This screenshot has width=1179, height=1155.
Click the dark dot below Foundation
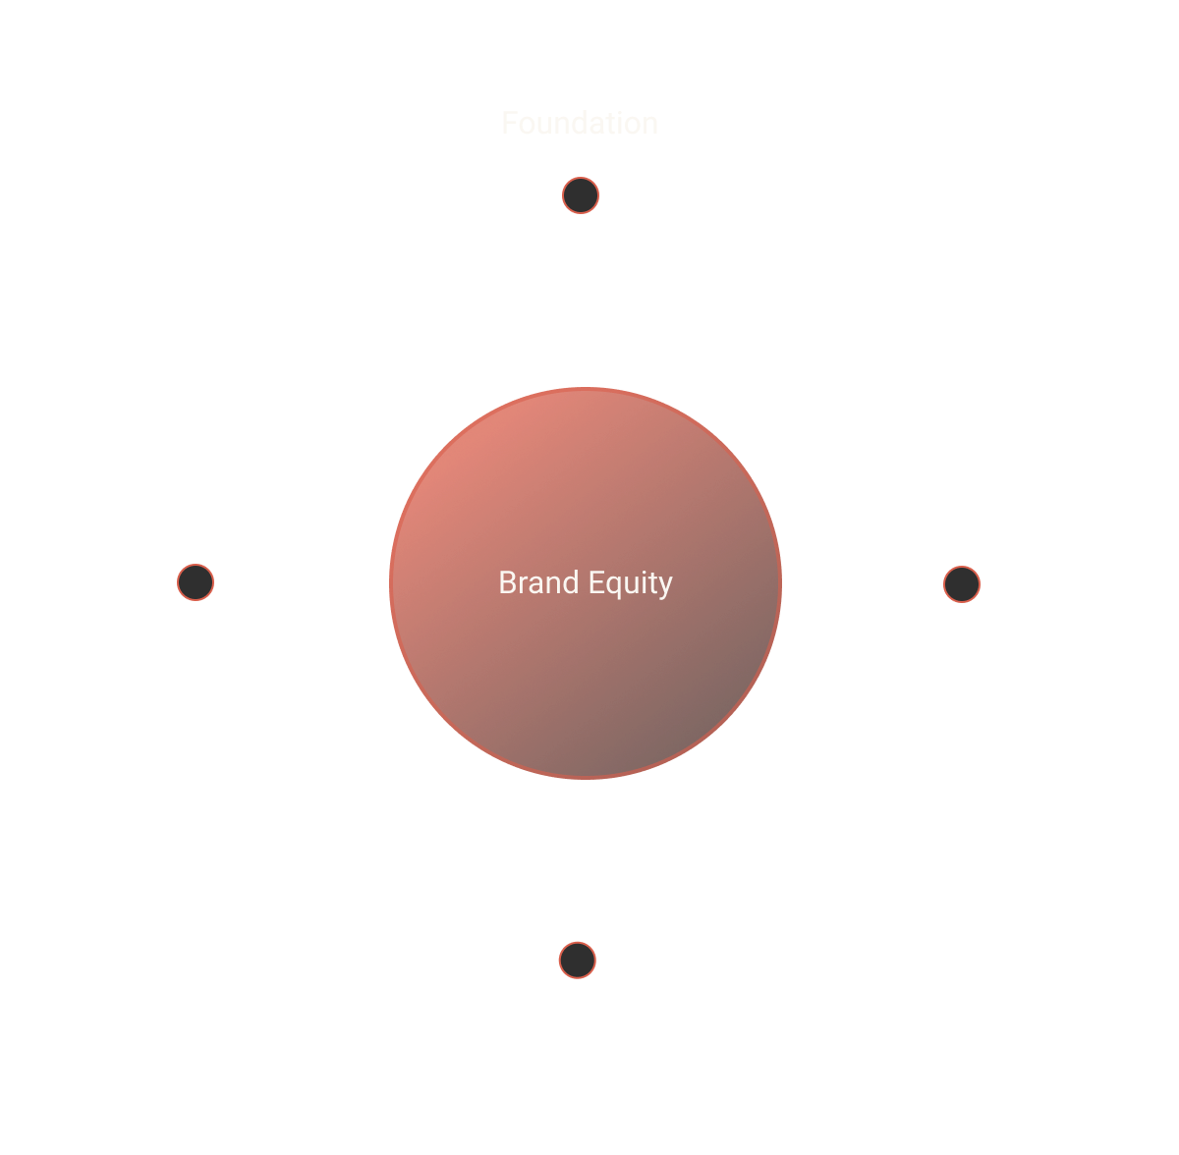click(581, 195)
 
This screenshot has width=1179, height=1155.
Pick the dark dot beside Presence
click(962, 584)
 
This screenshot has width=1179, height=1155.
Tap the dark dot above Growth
click(578, 960)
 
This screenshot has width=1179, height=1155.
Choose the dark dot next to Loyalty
click(196, 582)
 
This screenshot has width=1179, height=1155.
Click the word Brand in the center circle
click(537, 582)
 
